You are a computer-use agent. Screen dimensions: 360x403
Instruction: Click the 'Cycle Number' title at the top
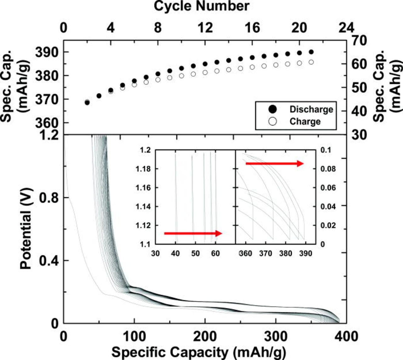[x=201, y=6]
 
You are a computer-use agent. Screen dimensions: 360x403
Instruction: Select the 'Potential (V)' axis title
[x=26, y=228]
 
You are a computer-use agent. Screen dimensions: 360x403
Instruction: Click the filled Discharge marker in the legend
[x=273, y=109]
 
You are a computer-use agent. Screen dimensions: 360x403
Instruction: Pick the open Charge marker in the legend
[x=273, y=121]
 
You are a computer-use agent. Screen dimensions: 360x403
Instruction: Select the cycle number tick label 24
[x=346, y=28]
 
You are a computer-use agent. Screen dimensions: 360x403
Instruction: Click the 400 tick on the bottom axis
[x=346, y=336]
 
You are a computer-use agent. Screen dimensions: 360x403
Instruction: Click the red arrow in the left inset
[x=193, y=233]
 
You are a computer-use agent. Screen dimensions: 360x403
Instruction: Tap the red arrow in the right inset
[x=274, y=163]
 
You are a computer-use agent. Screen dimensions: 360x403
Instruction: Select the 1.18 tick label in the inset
[x=143, y=169]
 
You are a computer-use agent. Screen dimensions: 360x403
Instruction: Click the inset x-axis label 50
[x=196, y=254]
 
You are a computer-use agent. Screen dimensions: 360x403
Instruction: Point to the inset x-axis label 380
[x=286, y=254]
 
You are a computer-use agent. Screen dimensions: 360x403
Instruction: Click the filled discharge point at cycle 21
[x=311, y=52]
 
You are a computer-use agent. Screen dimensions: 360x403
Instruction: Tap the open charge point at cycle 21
[x=311, y=62]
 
